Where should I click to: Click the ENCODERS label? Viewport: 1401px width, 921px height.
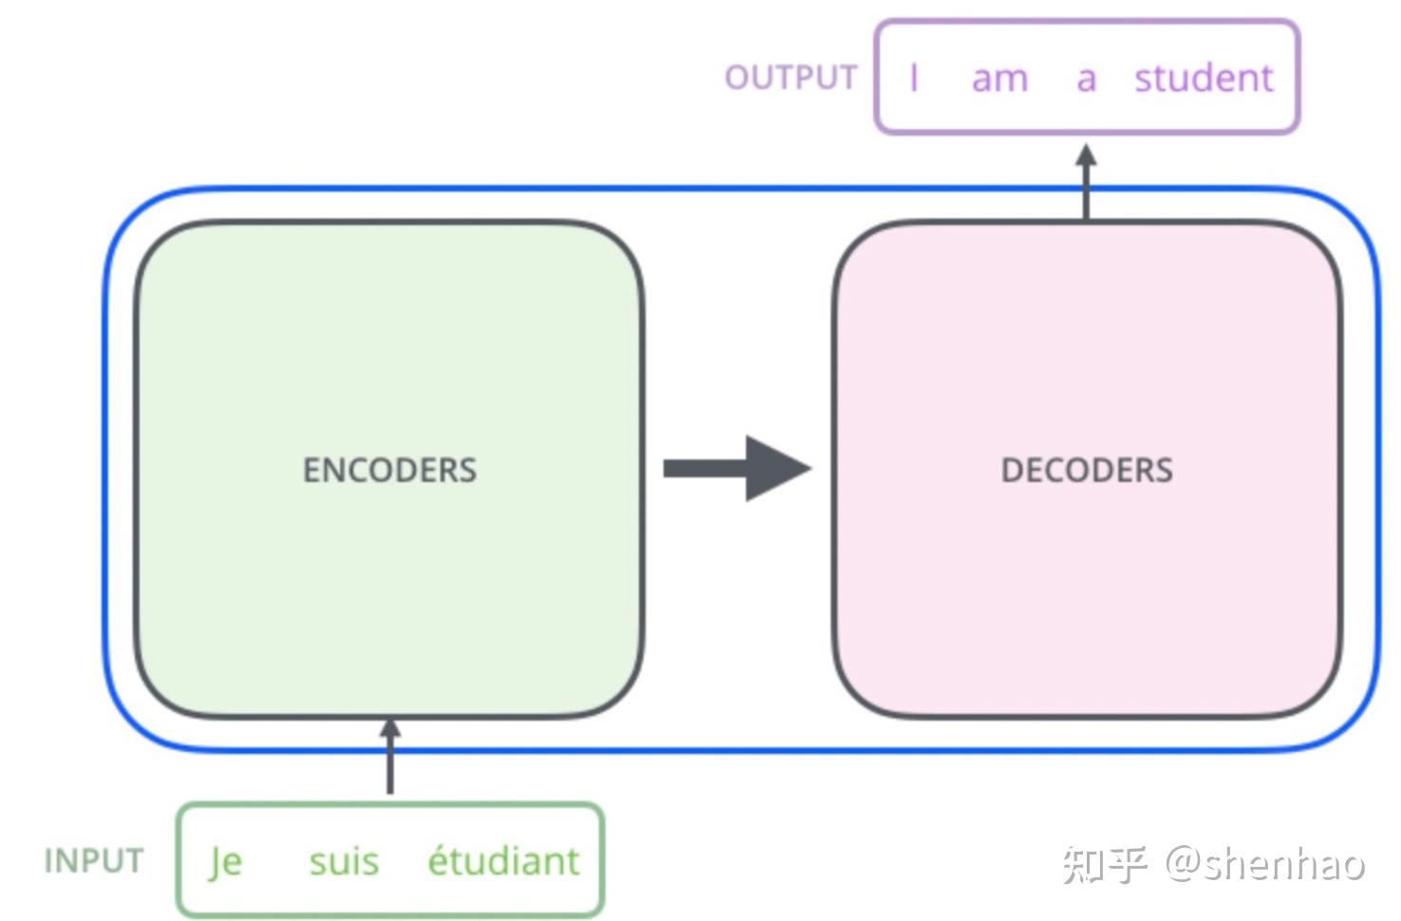[x=389, y=470]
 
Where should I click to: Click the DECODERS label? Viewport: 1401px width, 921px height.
[x=1087, y=470]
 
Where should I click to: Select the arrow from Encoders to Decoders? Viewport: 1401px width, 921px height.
[x=721, y=468]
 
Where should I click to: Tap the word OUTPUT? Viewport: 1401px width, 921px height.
[x=791, y=78]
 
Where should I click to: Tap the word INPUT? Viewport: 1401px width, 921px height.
[x=94, y=861]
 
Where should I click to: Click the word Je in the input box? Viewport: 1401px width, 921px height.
[x=226, y=862]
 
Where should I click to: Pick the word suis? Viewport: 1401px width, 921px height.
[x=344, y=861]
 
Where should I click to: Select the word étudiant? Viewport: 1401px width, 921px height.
[x=503, y=861]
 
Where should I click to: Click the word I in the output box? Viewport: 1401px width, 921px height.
[x=913, y=78]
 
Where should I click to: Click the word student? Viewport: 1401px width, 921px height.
[x=1204, y=78]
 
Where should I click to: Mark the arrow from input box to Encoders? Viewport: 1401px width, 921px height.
[x=389, y=760]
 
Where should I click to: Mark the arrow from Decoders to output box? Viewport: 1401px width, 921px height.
[x=1086, y=185]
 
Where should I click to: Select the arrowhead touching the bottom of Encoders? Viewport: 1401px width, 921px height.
[x=389, y=727]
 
